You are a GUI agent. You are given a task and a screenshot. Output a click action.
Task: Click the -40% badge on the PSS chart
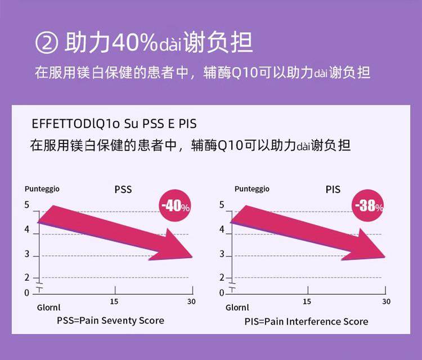pyautogui.click(x=175, y=206)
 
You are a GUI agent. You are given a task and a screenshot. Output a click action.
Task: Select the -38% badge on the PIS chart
pyautogui.click(x=369, y=206)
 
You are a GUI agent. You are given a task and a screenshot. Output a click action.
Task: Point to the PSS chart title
pyautogui.click(x=123, y=190)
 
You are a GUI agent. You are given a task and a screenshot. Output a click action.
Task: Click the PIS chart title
pyautogui.click(x=333, y=190)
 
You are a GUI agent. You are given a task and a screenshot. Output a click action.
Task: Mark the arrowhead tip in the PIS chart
pyautogui.click(x=385, y=256)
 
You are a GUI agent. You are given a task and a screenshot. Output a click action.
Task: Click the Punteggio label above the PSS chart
pyautogui.click(x=42, y=189)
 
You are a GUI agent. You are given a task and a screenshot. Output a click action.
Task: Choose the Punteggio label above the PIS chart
pyautogui.click(x=252, y=189)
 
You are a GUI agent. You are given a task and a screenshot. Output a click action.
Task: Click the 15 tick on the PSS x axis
pyautogui.click(x=114, y=301)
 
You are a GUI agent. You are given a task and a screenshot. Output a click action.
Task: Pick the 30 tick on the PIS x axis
pyautogui.click(x=386, y=301)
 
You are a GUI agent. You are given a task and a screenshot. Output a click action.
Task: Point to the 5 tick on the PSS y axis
pyautogui.click(x=26, y=205)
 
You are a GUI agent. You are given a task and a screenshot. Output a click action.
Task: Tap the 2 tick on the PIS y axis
pyautogui.click(x=222, y=278)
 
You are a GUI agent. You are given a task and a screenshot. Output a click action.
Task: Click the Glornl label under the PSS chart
pyautogui.click(x=48, y=308)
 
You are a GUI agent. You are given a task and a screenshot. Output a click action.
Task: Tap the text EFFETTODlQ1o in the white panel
pyautogui.click(x=62, y=123)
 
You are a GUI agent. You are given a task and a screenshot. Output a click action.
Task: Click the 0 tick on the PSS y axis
pyautogui.click(x=26, y=292)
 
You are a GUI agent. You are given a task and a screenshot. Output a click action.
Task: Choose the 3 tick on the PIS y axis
pyautogui.click(x=222, y=255)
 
